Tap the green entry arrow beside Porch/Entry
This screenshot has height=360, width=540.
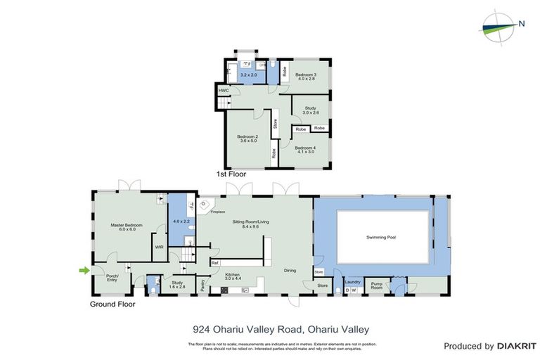pos(84,270)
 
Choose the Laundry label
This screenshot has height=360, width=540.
pos(352,282)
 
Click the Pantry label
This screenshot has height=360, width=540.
pos(203,285)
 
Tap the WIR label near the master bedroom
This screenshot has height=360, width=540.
pos(159,247)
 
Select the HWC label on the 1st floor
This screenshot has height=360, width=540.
pos(224,91)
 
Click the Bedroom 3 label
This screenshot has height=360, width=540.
pos(306,77)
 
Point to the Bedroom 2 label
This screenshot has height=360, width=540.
pos(247,139)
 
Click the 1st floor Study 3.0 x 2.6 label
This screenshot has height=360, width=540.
pos(311,110)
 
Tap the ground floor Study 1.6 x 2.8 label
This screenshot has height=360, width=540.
pos(176,285)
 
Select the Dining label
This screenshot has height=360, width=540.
pos(289,271)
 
